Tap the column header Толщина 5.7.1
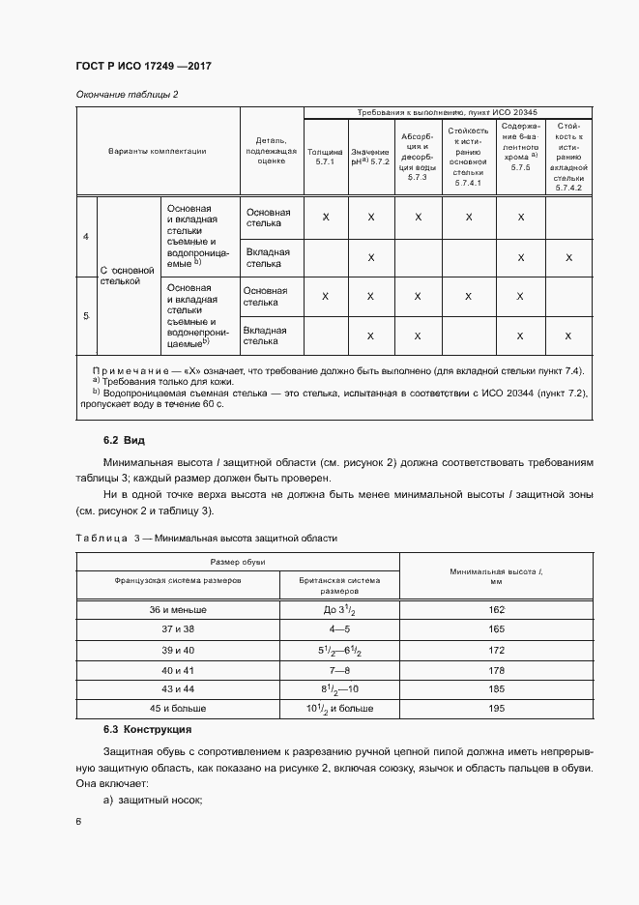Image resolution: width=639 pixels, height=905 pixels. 325,158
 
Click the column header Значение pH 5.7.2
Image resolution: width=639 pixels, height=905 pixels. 370,158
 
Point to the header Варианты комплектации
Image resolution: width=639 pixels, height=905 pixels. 158,152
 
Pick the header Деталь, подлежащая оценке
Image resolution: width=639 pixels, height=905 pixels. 272,152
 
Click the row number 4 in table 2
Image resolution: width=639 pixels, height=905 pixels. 86,237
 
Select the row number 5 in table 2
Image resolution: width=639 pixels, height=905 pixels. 86,316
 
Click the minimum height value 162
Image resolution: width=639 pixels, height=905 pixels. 497,610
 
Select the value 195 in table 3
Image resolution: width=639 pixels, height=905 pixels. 497,709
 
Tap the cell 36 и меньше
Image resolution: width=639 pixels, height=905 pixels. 177,610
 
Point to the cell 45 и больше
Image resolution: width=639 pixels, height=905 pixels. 177,709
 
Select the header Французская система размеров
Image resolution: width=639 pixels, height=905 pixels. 177,580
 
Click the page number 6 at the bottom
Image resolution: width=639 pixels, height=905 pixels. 78,822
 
